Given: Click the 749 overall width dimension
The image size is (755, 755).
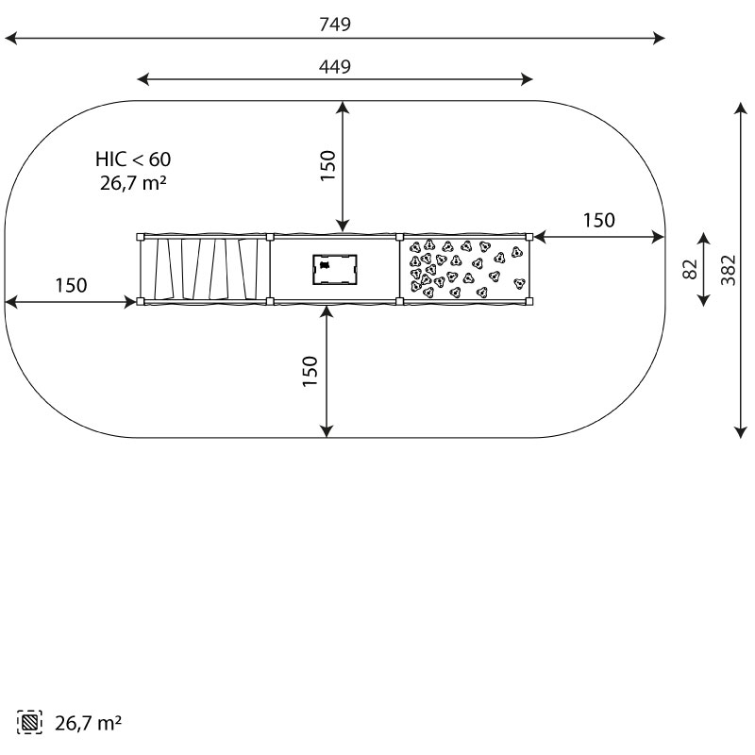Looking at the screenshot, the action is pyautogui.click(x=335, y=25).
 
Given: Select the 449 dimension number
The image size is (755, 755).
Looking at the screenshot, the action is pyautogui.click(x=335, y=66).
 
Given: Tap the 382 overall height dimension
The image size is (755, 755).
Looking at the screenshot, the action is pyautogui.click(x=729, y=270).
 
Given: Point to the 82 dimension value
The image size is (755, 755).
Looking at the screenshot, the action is pyautogui.click(x=690, y=269).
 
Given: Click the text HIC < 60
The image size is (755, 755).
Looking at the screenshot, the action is pyautogui.click(x=133, y=159).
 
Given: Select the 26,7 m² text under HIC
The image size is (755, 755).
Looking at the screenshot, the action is pyautogui.click(x=133, y=183).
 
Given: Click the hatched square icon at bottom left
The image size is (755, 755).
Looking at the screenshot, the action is pyautogui.click(x=29, y=722).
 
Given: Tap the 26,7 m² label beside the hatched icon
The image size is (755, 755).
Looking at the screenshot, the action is pyautogui.click(x=88, y=723).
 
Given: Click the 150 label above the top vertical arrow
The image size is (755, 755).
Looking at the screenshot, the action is pyautogui.click(x=327, y=166).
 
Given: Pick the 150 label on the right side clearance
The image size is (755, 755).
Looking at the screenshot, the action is pyautogui.click(x=599, y=221).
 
